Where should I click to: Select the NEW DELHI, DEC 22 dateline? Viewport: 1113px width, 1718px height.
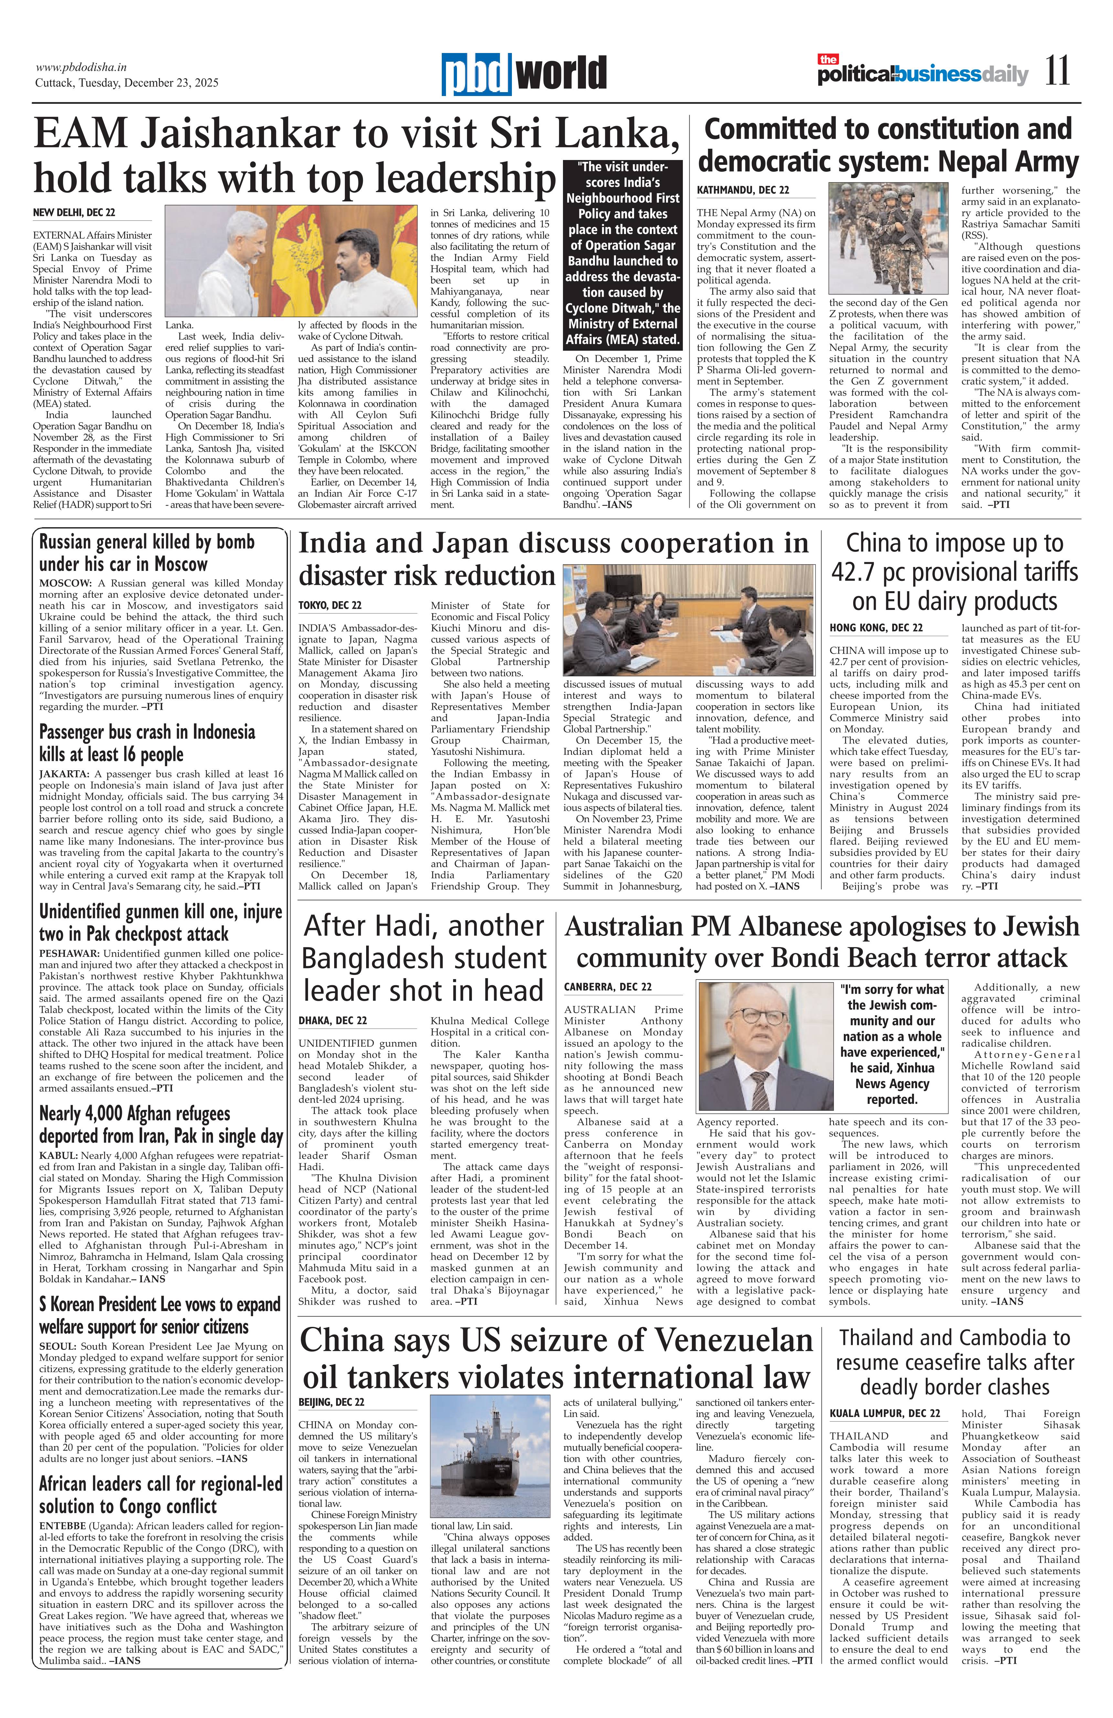click(x=74, y=213)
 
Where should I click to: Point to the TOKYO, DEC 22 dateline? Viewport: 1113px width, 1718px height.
click(x=330, y=605)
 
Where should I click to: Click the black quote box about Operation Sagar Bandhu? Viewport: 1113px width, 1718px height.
click(x=622, y=253)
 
